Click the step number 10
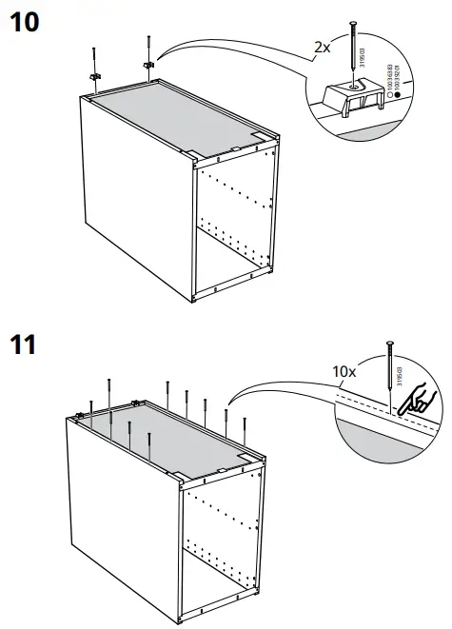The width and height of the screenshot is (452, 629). [26, 20]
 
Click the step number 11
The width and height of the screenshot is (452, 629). [25, 344]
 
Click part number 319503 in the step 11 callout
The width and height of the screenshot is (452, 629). [399, 373]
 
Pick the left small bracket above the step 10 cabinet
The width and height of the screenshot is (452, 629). [95, 76]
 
